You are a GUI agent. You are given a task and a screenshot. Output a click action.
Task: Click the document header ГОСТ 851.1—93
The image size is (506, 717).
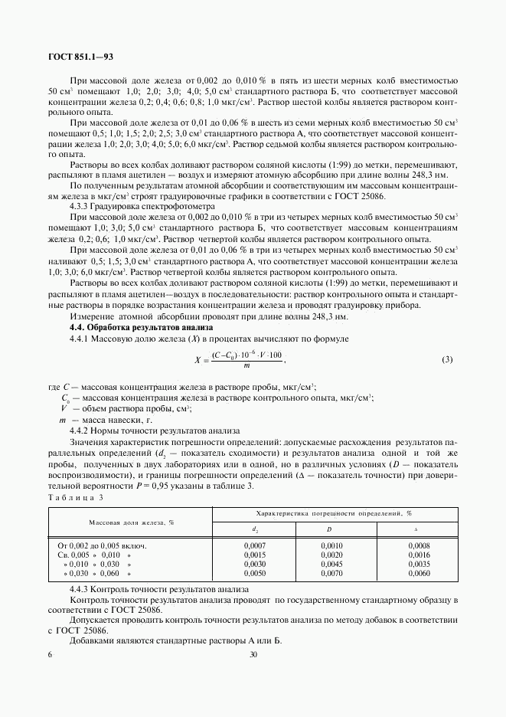coord(80,57)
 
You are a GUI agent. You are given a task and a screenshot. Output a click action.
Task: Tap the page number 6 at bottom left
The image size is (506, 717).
coord(50,655)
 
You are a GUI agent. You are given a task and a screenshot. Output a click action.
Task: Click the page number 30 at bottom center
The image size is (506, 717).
coord(253,655)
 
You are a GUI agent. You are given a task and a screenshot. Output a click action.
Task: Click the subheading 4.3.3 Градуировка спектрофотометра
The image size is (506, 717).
coord(135,206)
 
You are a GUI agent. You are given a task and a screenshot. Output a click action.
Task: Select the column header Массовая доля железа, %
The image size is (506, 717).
coord(131,522)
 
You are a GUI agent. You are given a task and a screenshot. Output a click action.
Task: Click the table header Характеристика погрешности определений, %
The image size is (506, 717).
coord(334,513)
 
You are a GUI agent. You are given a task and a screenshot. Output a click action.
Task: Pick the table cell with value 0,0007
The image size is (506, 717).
coord(254,545)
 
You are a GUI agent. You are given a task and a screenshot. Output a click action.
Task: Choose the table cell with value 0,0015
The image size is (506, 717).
coord(254,554)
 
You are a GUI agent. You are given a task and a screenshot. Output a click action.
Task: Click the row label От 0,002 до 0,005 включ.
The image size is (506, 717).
coord(102,545)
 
